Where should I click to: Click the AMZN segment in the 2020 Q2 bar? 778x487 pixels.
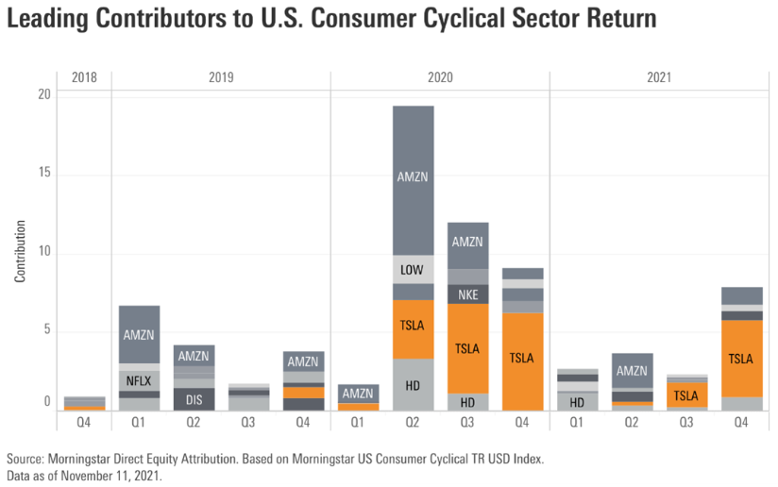point(413,177)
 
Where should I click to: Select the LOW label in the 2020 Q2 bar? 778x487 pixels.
point(413,270)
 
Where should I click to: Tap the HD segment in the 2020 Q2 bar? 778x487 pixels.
point(413,385)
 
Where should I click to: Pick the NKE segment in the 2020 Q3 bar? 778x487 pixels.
point(467,294)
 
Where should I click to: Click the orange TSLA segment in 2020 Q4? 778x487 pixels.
point(522,359)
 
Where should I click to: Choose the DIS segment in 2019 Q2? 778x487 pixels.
point(194,398)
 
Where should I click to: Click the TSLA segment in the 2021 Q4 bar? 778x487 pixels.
point(741,359)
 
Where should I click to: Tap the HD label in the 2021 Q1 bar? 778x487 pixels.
point(577,402)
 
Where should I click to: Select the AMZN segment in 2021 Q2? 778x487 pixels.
point(632,371)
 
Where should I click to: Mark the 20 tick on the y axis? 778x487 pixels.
point(44,94)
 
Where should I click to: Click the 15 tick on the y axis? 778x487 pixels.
point(44,174)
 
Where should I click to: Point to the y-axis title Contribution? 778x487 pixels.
point(20,253)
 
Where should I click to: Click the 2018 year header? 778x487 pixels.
point(84,77)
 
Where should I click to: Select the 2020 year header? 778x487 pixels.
point(440,77)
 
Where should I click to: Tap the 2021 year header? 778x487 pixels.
point(659,77)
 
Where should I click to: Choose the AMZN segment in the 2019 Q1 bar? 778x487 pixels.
point(139,333)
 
